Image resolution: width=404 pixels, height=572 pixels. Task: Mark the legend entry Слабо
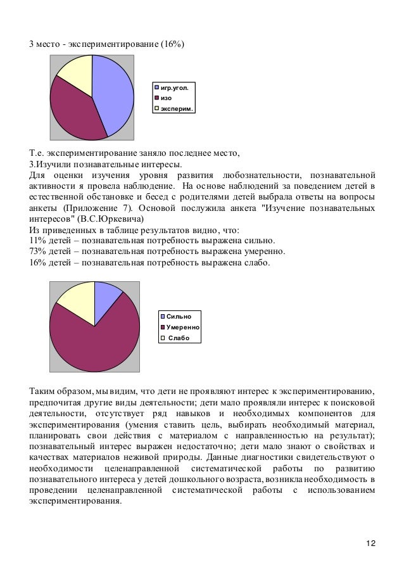tap(178, 338)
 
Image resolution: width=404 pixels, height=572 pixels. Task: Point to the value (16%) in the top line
tap(170, 42)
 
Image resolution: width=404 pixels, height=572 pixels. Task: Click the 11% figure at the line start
tap(37, 240)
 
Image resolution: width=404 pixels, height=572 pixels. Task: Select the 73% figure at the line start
tap(37, 251)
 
